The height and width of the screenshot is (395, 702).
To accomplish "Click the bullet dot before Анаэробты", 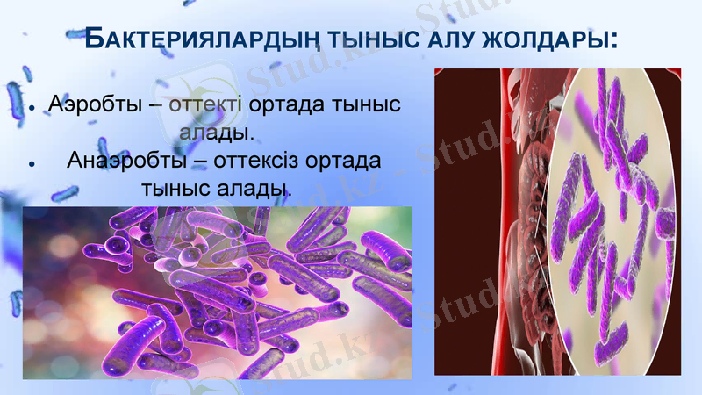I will [32, 164].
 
